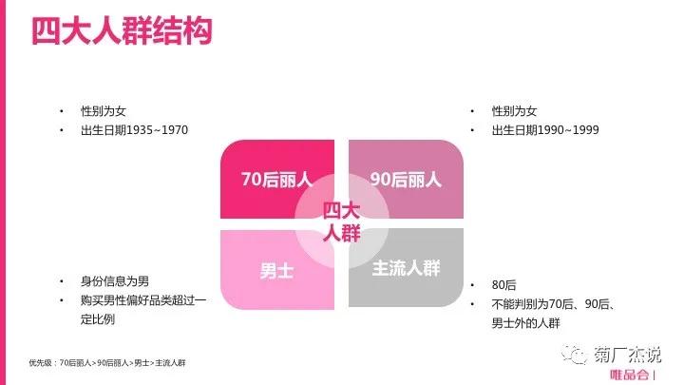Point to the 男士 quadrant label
point(276,270)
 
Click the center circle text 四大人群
point(341,222)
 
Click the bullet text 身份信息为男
point(115,281)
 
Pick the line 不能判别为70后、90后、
point(555,302)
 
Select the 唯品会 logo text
point(630,374)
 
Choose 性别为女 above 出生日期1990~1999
point(514,110)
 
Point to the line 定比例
point(98,319)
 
